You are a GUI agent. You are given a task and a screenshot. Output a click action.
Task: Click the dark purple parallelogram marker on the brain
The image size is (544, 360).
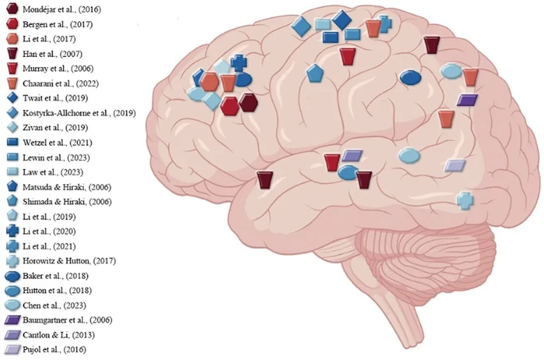point(467,100)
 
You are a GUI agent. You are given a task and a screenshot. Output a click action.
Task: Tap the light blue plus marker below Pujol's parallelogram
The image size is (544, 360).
point(465,200)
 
